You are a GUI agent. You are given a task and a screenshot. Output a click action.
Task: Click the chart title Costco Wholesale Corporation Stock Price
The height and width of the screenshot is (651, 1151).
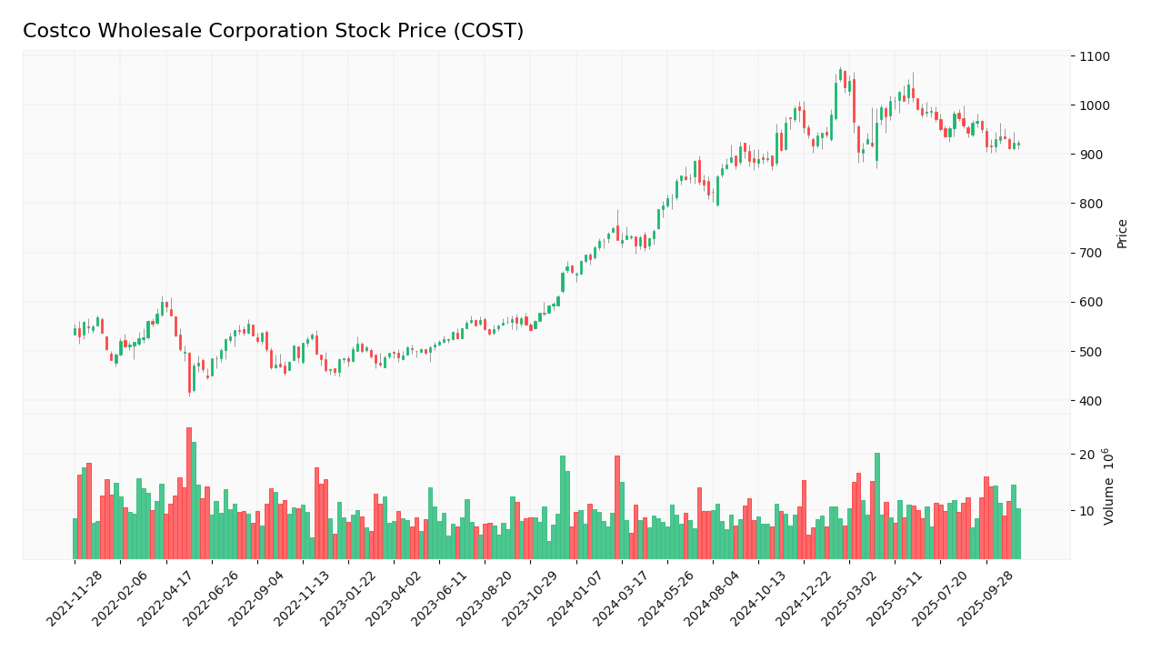[273, 32]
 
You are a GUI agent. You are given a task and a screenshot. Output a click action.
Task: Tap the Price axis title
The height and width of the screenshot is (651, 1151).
[1122, 233]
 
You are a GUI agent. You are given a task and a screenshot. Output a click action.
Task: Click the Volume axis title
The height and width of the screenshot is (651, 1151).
[1109, 486]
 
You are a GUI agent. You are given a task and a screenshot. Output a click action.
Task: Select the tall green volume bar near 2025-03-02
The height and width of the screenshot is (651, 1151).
[877, 505]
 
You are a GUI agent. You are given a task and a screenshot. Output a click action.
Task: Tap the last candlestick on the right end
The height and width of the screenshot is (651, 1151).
[1018, 144]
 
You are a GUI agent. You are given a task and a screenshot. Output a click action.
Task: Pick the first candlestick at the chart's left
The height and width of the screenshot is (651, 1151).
[75, 332]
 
